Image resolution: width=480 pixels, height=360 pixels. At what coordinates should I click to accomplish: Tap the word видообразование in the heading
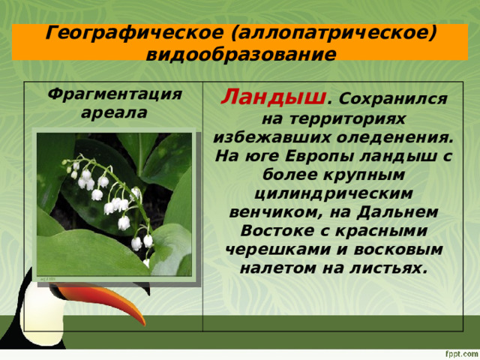pyautogui.click(x=240, y=54)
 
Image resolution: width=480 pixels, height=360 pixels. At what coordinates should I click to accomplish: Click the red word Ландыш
pyautogui.click(x=274, y=97)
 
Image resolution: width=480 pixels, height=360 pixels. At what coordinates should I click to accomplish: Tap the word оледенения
pyautogui.click(x=396, y=138)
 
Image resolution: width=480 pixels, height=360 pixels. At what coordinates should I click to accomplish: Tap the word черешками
pyautogui.click(x=268, y=247)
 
